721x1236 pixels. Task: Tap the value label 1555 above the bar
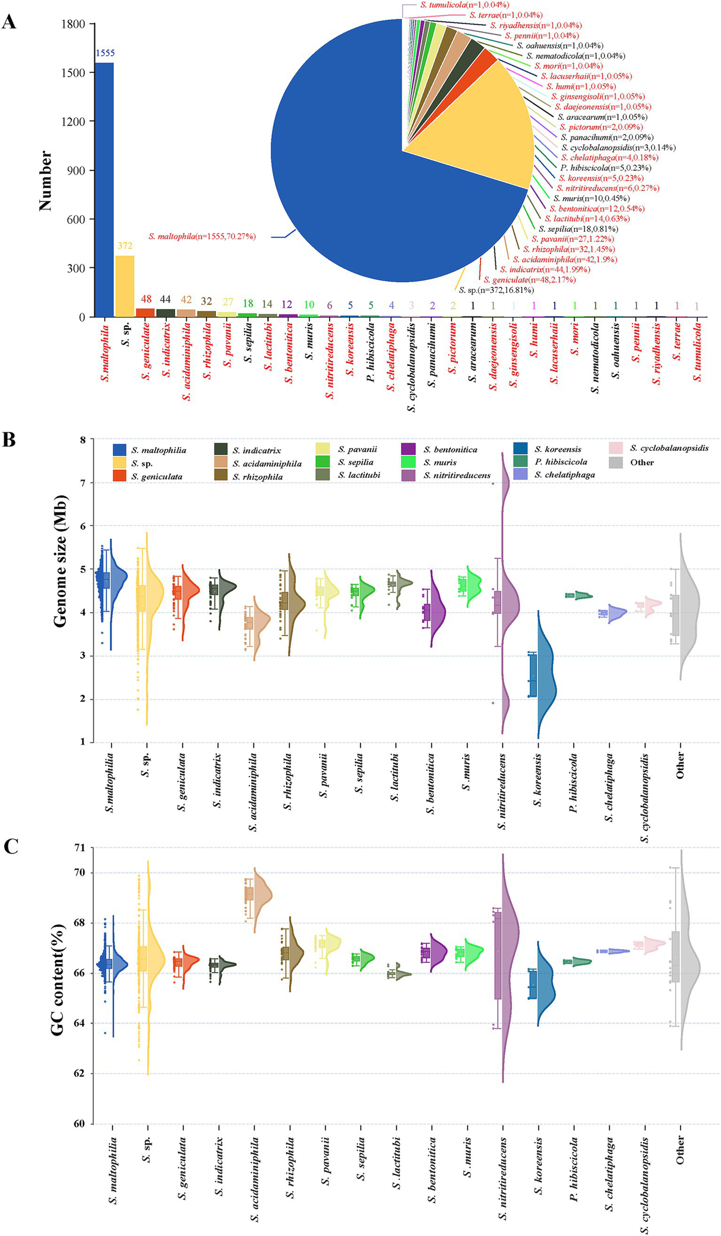105,53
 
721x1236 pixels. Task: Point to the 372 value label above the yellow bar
125,246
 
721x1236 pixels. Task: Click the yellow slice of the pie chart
475,129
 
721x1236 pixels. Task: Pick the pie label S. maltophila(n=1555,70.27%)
202,237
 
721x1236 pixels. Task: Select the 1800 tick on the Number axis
73,24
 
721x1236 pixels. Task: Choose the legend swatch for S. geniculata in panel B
119,476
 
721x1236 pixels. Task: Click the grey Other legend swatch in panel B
616,462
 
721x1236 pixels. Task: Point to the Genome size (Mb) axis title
60,561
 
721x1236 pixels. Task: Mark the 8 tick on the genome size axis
82,440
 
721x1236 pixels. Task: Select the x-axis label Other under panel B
680,765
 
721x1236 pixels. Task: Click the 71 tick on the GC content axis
79,847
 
